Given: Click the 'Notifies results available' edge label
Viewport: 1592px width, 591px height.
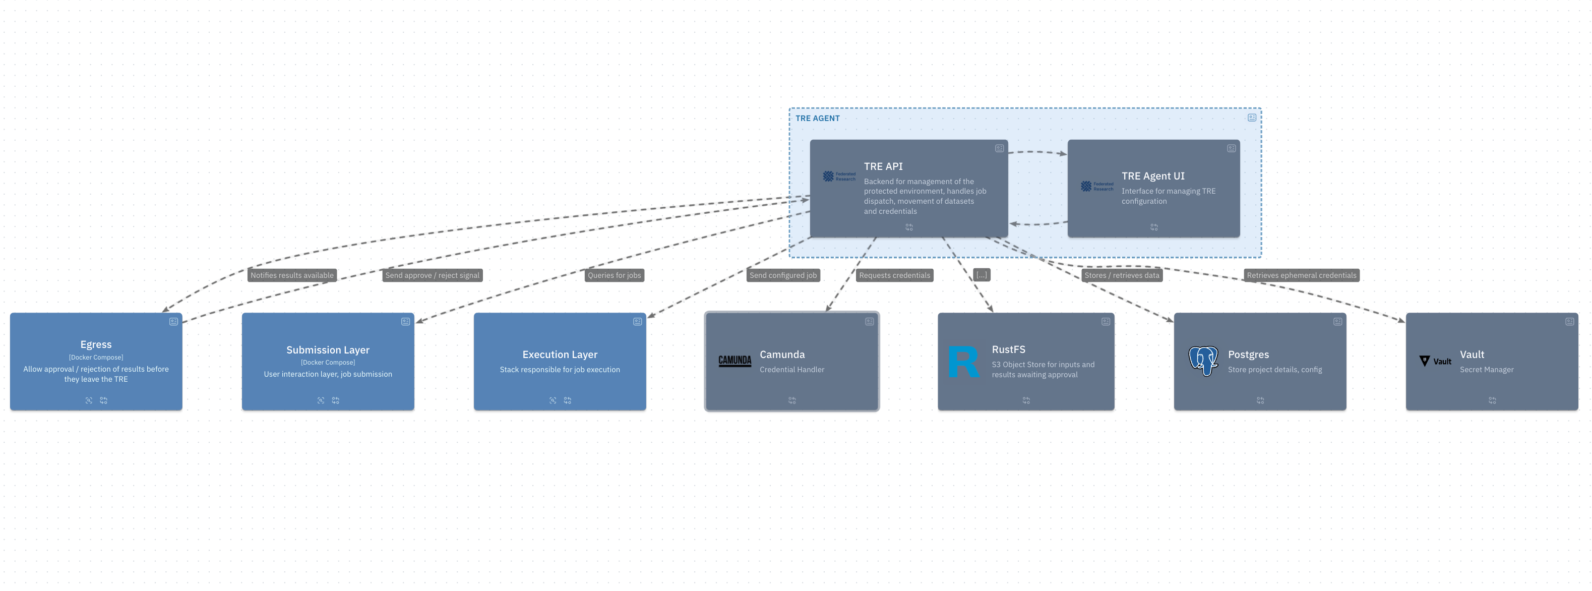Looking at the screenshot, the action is coord(292,275).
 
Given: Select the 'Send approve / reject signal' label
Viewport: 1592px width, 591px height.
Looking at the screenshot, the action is coord(432,275).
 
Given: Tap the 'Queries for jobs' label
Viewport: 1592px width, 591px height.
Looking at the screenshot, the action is coord(615,275).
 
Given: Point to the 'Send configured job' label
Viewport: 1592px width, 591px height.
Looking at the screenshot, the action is coord(783,275).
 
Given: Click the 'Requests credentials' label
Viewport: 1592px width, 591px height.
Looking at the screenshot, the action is coord(894,275).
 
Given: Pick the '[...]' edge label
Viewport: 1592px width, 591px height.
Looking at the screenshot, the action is coord(982,274).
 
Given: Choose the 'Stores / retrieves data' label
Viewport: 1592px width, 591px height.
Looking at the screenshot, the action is coord(1122,275).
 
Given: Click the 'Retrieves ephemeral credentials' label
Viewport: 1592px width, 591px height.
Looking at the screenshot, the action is coord(1302,275).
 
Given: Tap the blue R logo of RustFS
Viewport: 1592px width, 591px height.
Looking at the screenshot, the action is coord(963,362).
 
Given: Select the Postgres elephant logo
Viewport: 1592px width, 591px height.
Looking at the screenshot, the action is coord(1203,361).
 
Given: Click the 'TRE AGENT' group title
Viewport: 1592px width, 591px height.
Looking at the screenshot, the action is coord(817,118).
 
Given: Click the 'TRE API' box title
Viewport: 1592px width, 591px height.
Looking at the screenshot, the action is coord(883,166).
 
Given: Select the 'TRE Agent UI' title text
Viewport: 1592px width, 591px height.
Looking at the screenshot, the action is coord(1153,176).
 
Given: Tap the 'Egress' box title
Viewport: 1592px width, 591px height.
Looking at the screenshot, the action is coord(96,344).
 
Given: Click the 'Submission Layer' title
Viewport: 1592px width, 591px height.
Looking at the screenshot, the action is coord(328,350).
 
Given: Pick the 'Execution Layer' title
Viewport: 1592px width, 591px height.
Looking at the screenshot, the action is coord(560,354).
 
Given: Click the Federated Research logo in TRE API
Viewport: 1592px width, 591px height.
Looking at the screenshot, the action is coord(839,176).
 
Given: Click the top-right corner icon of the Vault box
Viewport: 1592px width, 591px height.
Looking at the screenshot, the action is coord(1569,321).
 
